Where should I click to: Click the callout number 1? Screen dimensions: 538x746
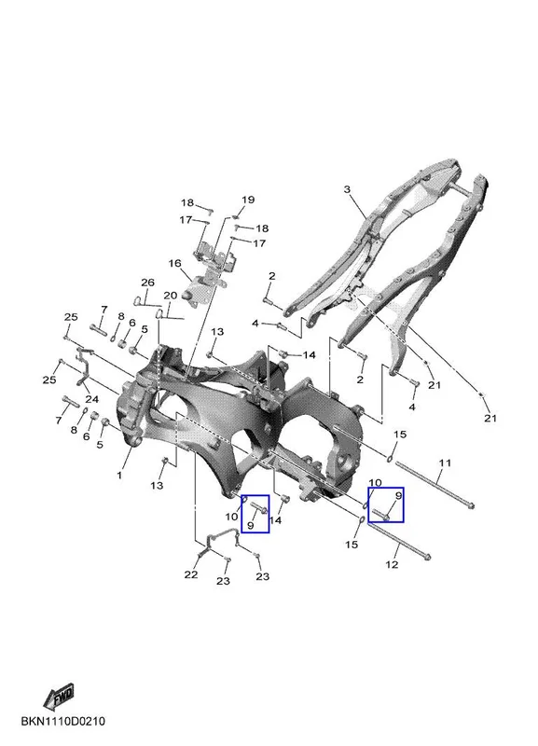[x=119, y=475]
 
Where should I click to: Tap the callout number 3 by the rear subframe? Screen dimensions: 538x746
[x=347, y=189]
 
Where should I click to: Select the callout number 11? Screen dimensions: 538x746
[x=445, y=463]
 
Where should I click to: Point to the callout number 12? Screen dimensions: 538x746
[x=392, y=565]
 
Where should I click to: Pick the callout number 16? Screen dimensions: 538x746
[x=174, y=263]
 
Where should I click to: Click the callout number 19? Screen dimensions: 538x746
[x=248, y=200]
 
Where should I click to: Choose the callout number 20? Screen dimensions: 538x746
[x=171, y=296]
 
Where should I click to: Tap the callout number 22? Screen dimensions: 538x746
[x=191, y=574]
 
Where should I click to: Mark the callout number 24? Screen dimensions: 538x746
[x=91, y=399]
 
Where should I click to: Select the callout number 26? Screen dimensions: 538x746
[x=147, y=283]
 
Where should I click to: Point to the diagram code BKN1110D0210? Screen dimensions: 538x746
[x=62, y=721]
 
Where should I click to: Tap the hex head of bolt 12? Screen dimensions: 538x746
[x=427, y=556]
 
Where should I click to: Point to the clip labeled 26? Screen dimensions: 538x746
[x=139, y=300]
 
